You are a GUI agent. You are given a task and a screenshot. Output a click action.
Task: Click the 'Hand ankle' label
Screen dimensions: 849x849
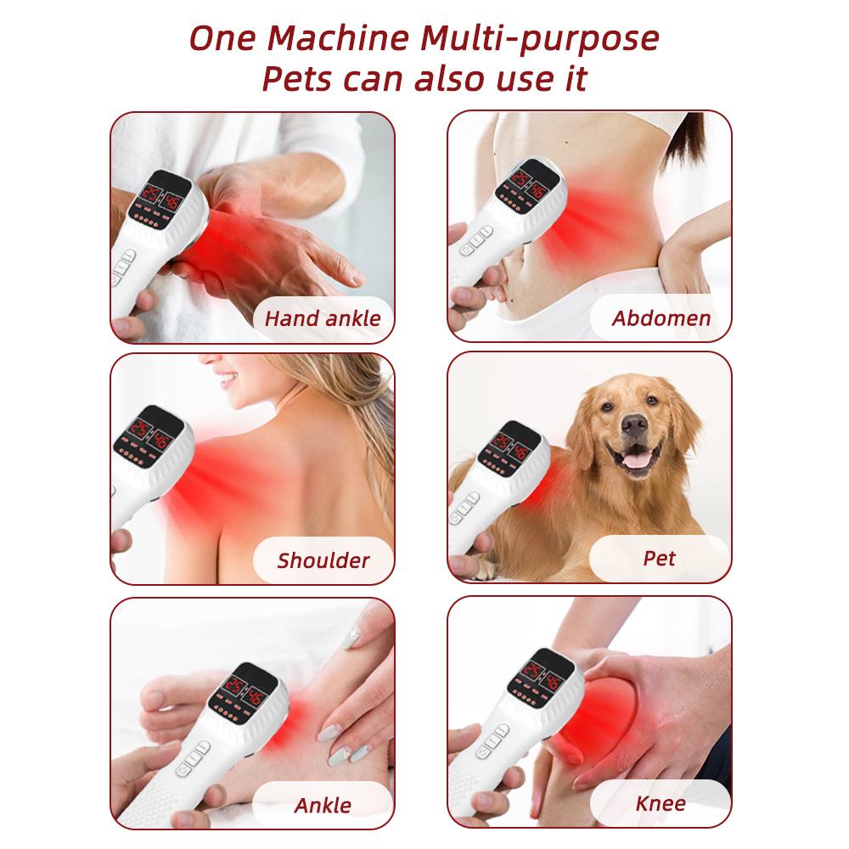(x=323, y=319)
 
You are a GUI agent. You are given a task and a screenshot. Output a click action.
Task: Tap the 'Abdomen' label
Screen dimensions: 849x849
(x=661, y=319)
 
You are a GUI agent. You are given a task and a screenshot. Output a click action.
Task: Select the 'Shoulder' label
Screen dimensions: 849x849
(x=323, y=560)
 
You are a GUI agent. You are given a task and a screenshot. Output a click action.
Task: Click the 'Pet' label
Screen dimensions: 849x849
(x=660, y=558)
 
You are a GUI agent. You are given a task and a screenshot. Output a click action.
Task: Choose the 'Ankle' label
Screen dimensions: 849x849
(x=323, y=804)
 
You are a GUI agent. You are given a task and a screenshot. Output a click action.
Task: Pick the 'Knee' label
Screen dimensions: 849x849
(x=661, y=802)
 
